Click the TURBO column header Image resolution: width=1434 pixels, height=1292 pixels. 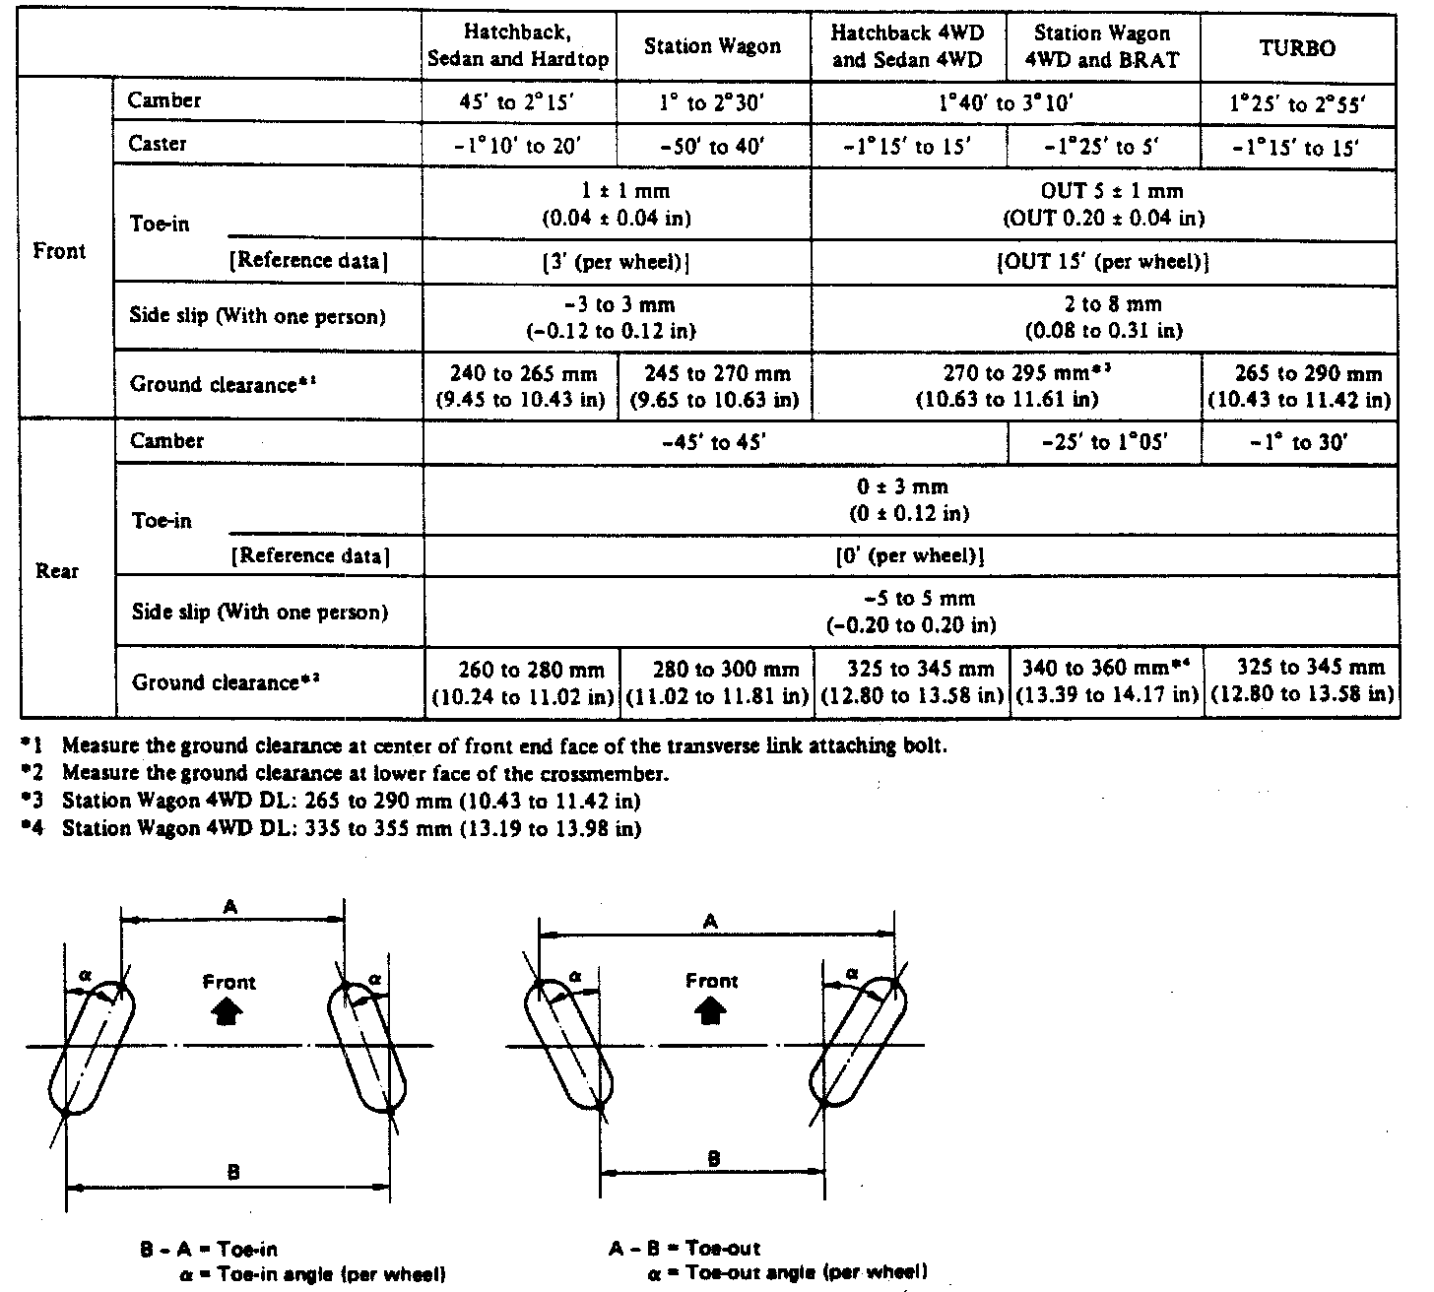click(1297, 47)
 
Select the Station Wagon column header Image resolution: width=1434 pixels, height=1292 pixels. click(712, 46)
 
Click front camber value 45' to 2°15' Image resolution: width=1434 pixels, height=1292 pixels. click(518, 102)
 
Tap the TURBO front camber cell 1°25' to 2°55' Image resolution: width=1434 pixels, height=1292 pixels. click(1297, 103)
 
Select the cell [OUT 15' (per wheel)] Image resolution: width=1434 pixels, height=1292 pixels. click(1103, 263)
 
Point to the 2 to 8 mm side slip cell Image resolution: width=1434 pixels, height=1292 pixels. click(1103, 317)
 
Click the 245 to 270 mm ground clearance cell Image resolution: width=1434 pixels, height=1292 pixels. click(716, 387)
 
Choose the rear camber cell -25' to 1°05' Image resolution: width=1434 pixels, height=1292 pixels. click(1104, 443)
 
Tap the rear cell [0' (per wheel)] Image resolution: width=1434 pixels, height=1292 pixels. click(910, 555)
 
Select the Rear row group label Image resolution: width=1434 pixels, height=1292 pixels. click(57, 571)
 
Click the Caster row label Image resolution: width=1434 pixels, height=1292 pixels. click(158, 145)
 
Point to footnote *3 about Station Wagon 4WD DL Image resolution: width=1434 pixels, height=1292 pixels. click(352, 801)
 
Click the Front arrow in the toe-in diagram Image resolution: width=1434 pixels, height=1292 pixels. click(228, 1011)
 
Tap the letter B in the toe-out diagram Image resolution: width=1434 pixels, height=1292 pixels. click(713, 1159)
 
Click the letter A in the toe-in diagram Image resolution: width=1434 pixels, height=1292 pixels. click(230, 908)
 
